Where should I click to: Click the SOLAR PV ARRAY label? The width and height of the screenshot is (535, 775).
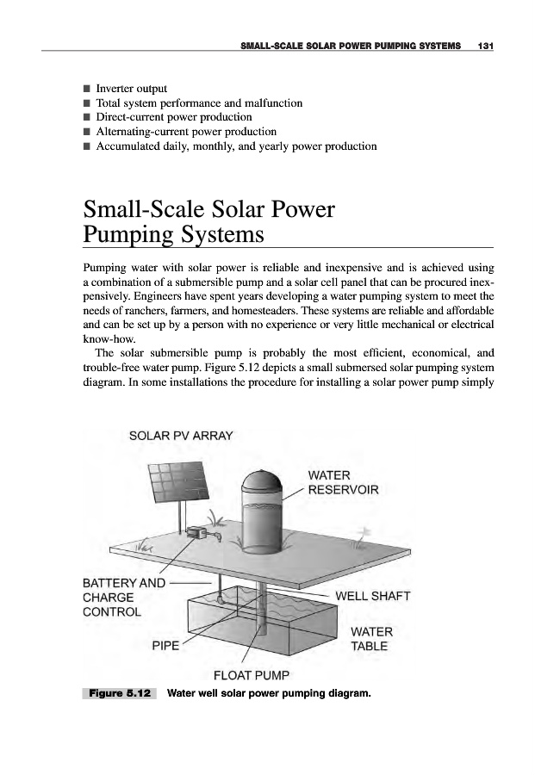181,436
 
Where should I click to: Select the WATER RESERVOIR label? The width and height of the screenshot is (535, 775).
343,482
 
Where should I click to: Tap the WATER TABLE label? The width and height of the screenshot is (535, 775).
370,639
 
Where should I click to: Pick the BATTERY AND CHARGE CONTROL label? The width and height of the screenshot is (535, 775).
124,598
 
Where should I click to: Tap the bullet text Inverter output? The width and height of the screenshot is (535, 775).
131,88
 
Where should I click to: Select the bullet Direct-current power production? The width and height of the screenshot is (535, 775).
173,117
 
